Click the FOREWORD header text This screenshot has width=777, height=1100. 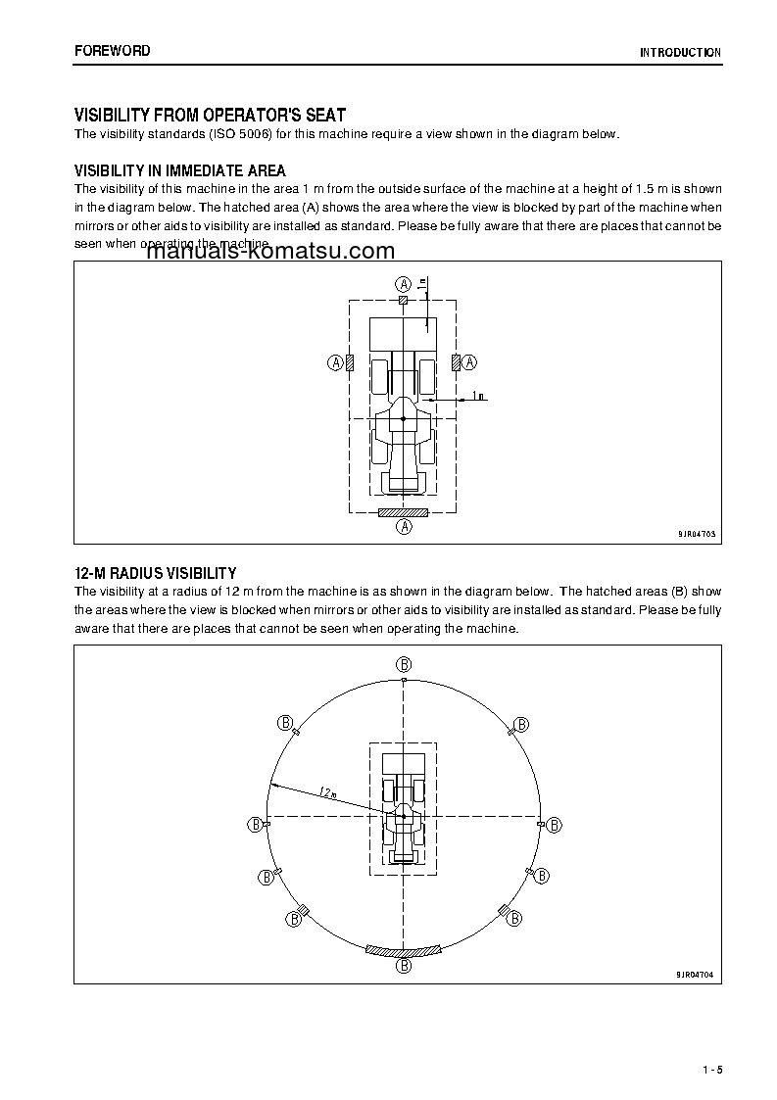[x=113, y=51]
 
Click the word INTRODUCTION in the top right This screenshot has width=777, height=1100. [x=680, y=53]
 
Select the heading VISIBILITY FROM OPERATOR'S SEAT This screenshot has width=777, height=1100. [x=210, y=116]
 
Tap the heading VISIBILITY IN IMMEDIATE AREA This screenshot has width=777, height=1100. [x=180, y=170]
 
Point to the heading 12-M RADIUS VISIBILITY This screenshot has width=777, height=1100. [x=156, y=573]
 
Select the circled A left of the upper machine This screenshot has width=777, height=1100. [x=335, y=362]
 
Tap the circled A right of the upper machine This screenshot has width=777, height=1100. [x=469, y=362]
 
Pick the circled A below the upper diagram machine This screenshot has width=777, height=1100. [x=403, y=526]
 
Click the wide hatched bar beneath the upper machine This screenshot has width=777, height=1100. [x=403, y=511]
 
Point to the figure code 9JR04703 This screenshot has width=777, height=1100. [x=696, y=534]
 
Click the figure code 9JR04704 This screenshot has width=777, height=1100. [x=696, y=975]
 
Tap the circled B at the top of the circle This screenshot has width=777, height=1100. [x=404, y=663]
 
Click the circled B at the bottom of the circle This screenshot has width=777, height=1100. [x=404, y=966]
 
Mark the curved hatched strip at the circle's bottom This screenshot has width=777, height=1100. [x=404, y=950]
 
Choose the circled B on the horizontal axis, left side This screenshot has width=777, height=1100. [x=255, y=824]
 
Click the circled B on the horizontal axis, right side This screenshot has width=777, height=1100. [x=554, y=825]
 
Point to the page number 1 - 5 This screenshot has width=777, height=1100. [x=711, y=1068]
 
